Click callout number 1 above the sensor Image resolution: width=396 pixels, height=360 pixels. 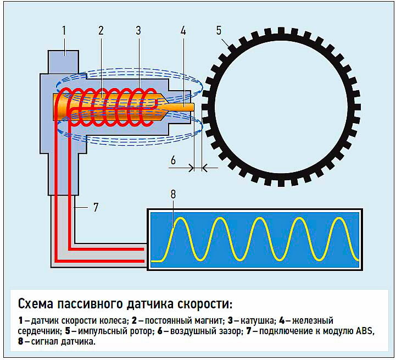pos(64,30)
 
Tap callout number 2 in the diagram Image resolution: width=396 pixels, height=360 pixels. pos(101,30)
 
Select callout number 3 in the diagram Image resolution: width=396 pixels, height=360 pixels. pos(138,30)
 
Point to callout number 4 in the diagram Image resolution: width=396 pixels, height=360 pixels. pos(183,30)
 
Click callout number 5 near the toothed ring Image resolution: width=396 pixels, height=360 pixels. pos(219,30)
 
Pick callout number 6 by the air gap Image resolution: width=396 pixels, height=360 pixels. pos(173,160)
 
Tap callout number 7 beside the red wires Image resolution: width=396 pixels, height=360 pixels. pos(95,207)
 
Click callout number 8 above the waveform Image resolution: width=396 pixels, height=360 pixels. pos(174,194)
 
